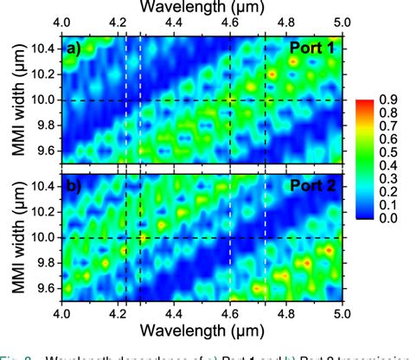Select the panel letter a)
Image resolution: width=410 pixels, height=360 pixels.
[x=74, y=48]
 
